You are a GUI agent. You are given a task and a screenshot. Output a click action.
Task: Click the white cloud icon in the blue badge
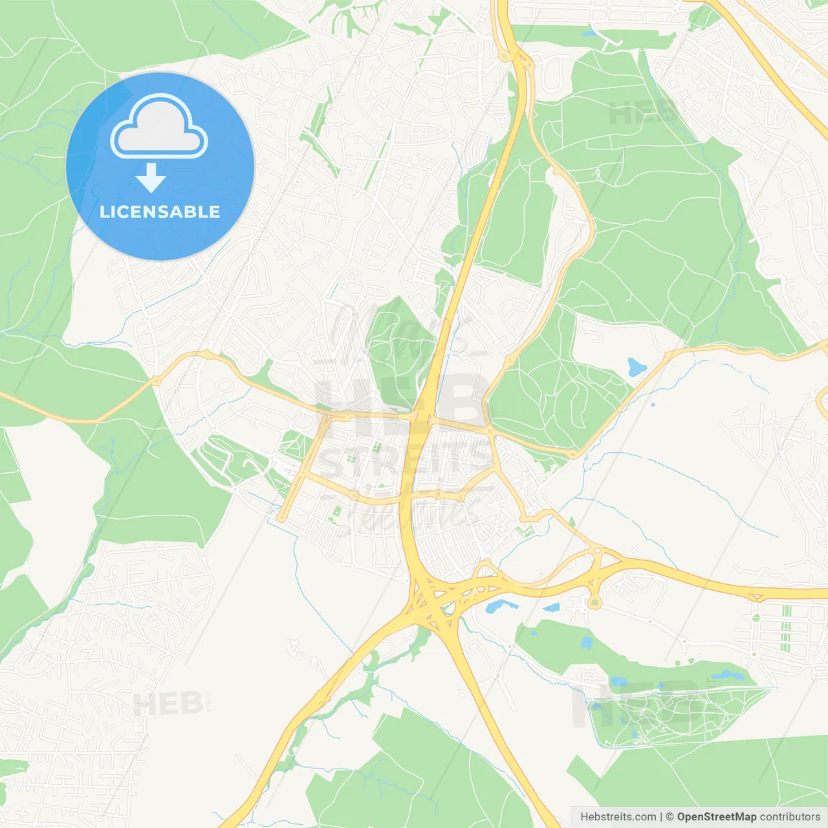tap(159, 127)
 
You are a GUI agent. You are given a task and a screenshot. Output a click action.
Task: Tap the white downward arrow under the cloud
tap(151, 178)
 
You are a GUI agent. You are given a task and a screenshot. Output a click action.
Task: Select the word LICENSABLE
tap(160, 212)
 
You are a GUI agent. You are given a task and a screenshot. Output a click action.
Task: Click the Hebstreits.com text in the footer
tap(618, 817)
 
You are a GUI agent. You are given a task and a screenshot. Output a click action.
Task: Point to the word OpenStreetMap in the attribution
tap(716, 817)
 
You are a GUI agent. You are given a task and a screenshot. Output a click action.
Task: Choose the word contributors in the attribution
tap(790, 817)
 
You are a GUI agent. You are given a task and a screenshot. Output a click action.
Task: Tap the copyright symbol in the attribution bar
tap(670, 817)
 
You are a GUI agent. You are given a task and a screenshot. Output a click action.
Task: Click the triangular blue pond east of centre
tap(636, 367)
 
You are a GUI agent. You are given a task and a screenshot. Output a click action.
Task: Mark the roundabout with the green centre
tap(594, 604)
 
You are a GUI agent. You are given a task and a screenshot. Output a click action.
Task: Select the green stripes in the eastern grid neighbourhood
tap(786, 628)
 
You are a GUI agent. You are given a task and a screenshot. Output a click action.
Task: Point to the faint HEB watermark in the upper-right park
tap(640, 114)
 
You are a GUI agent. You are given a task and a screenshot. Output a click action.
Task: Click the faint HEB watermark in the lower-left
tap(167, 703)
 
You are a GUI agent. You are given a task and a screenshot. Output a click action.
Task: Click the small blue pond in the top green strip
tap(589, 34)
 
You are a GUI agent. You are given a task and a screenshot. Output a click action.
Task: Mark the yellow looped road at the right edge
tap(822, 401)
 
